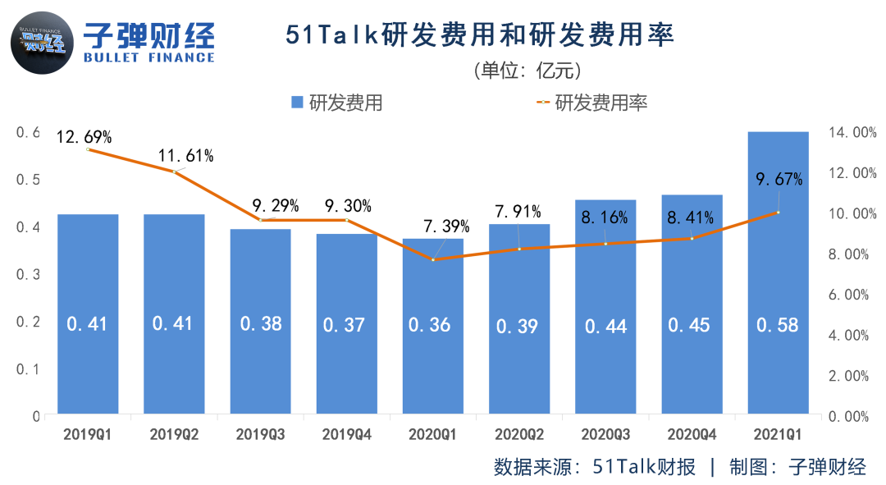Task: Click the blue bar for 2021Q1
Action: click(x=778, y=271)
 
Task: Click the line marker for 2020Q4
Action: click(x=692, y=239)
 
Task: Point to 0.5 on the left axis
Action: click(x=30, y=180)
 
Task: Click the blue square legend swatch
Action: click(x=298, y=103)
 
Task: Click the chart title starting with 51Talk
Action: click(x=479, y=35)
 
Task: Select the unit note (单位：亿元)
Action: click(x=526, y=70)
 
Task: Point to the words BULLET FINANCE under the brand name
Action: click(x=149, y=57)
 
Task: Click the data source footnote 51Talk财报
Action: click(x=595, y=467)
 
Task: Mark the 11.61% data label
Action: click(x=186, y=155)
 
